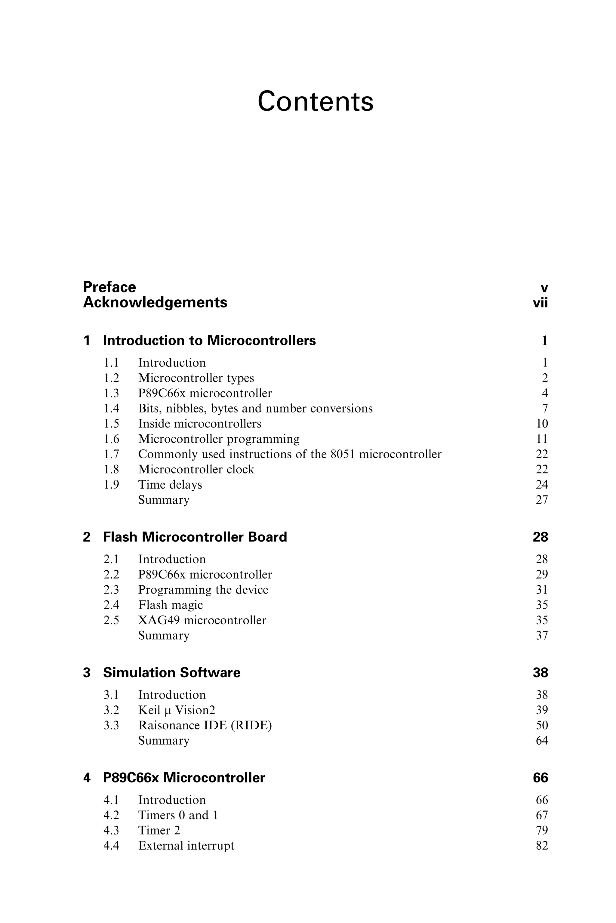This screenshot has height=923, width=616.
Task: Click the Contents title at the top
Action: point(316,101)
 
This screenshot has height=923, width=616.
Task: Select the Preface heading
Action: point(109,287)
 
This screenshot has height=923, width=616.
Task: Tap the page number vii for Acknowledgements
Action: point(540,303)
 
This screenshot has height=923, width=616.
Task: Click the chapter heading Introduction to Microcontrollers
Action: point(209,341)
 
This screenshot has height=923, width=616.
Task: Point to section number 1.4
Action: point(111,409)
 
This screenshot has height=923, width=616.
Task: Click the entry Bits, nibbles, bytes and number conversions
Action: point(255,409)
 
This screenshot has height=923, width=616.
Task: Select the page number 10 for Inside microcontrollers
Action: point(542,424)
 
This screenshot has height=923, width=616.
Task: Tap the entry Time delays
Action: point(170,484)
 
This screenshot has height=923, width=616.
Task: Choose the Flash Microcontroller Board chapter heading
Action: point(195,537)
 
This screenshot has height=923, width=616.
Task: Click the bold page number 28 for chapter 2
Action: point(540,537)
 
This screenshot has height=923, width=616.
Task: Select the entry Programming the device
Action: point(203,590)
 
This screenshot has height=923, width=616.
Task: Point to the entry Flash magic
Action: point(171,605)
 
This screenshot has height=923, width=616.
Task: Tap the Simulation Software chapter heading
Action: point(172,673)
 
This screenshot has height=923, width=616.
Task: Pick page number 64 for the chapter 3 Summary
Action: point(542,741)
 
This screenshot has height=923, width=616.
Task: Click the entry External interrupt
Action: point(186,846)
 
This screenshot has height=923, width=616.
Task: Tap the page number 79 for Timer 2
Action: point(542,830)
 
